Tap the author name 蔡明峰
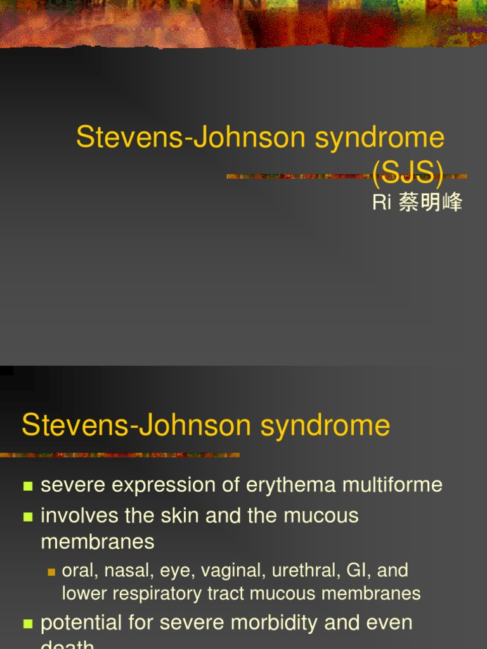pyautogui.click(x=431, y=203)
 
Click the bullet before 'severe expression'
pyautogui.click(x=28, y=487)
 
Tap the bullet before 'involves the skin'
pyautogui.click(x=28, y=517)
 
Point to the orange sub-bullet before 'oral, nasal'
pyautogui.click(x=52, y=572)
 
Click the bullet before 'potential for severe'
pyautogui.click(x=28, y=624)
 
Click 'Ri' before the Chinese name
pyautogui.click(x=380, y=203)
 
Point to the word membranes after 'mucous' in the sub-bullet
pyautogui.click(x=378, y=593)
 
